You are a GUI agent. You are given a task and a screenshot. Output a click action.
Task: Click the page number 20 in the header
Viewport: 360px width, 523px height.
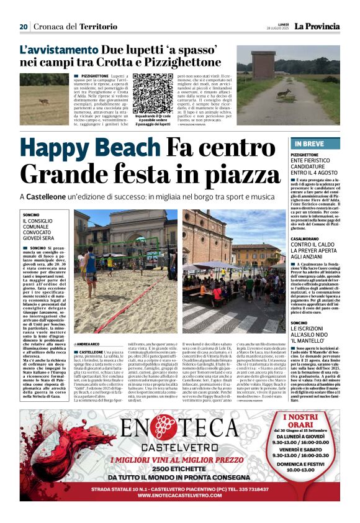pyautogui.click(x=24, y=27)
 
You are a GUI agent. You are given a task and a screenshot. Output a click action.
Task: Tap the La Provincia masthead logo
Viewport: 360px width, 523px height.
pyautogui.click(x=317, y=27)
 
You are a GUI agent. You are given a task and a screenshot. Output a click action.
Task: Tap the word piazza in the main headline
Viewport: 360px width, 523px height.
pyautogui.click(x=218, y=174)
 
